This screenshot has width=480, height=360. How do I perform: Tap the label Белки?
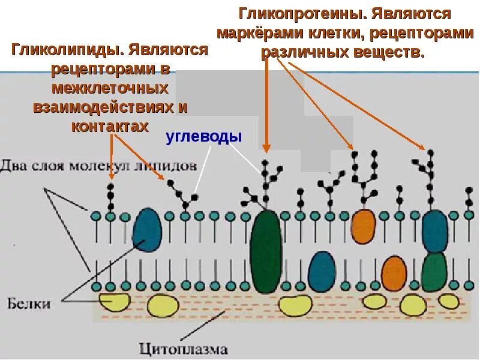tap(29, 303)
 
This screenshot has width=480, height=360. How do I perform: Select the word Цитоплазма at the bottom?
tap(184, 349)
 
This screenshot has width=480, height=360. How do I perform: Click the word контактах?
tap(109, 127)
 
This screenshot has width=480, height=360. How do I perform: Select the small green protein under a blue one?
tap(434, 272)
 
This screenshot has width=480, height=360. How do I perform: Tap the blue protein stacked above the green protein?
tap(435, 232)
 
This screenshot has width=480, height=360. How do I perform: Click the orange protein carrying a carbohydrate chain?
tap(363, 226)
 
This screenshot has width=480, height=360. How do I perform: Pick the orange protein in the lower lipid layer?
tap(394, 272)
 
